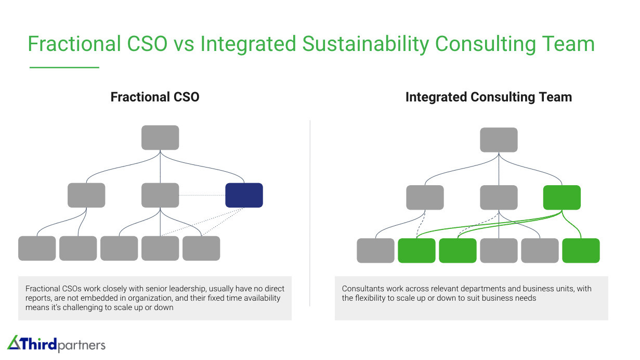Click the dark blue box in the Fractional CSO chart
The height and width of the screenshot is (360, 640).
click(x=244, y=195)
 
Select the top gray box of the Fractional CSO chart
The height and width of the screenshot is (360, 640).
click(x=160, y=137)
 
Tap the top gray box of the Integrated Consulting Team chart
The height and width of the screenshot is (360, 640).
click(x=499, y=140)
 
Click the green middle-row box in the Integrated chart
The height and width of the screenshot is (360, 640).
click(x=561, y=198)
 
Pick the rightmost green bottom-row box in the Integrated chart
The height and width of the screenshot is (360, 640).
click(x=581, y=251)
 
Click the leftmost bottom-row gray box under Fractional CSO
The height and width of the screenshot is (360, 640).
click(x=37, y=248)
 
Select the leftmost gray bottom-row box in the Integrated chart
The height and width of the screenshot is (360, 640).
click(x=375, y=251)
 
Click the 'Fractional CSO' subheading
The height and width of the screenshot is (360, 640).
click(x=155, y=97)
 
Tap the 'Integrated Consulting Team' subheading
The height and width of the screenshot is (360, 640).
click(x=488, y=97)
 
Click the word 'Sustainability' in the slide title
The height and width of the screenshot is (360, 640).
click(x=365, y=44)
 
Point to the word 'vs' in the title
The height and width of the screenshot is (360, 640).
click(x=184, y=44)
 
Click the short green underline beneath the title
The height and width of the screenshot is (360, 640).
click(x=64, y=67)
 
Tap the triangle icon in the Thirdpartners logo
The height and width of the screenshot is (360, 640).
click(x=14, y=343)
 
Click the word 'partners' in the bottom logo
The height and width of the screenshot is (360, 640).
click(x=82, y=345)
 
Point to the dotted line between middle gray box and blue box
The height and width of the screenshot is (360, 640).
click(x=202, y=195)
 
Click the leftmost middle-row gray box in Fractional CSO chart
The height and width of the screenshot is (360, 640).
click(x=86, y=195)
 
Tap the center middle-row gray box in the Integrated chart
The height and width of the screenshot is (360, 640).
click(x=499, y=198)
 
